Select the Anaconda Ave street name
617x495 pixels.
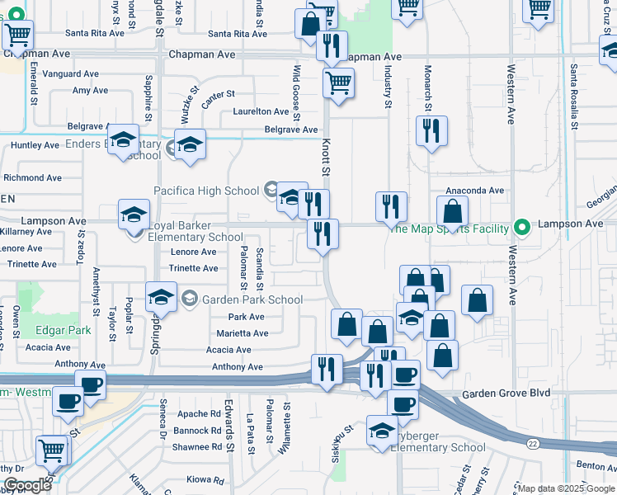coord(475,190)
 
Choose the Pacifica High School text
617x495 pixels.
coord(207,191)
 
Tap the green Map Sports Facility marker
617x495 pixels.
coord(520,227)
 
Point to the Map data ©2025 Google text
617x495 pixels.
coord(565,488)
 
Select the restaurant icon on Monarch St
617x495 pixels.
coord(431,131)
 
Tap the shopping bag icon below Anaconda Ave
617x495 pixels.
coord(453,211)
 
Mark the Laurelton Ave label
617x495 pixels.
coord(261,111)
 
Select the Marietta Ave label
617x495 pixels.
coord(243,333)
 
